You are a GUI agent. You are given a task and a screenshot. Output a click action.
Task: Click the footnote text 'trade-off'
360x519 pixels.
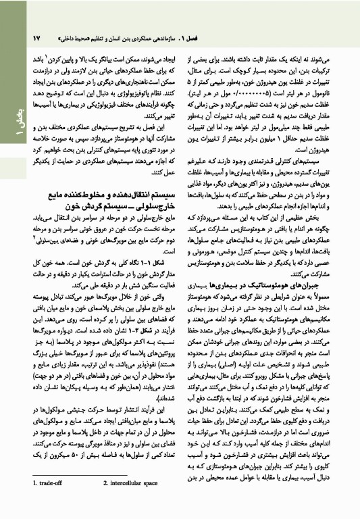point(52,501)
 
